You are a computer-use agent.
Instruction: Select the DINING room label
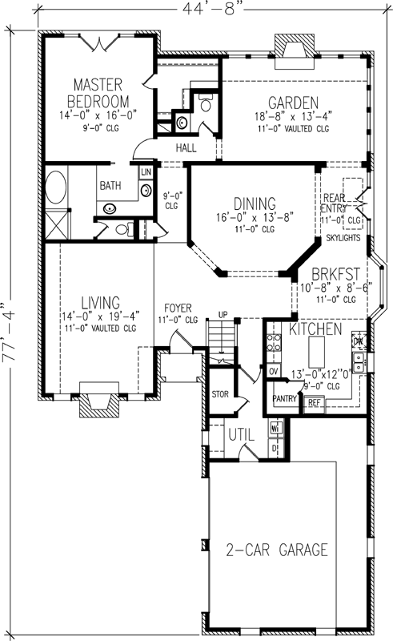pos(255,204)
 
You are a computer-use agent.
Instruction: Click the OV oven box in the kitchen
pos(273,371)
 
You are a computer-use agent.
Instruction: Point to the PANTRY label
pos(285,397)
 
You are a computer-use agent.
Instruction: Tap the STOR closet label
pos(220,394)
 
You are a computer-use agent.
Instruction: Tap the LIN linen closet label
pos(146,172)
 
